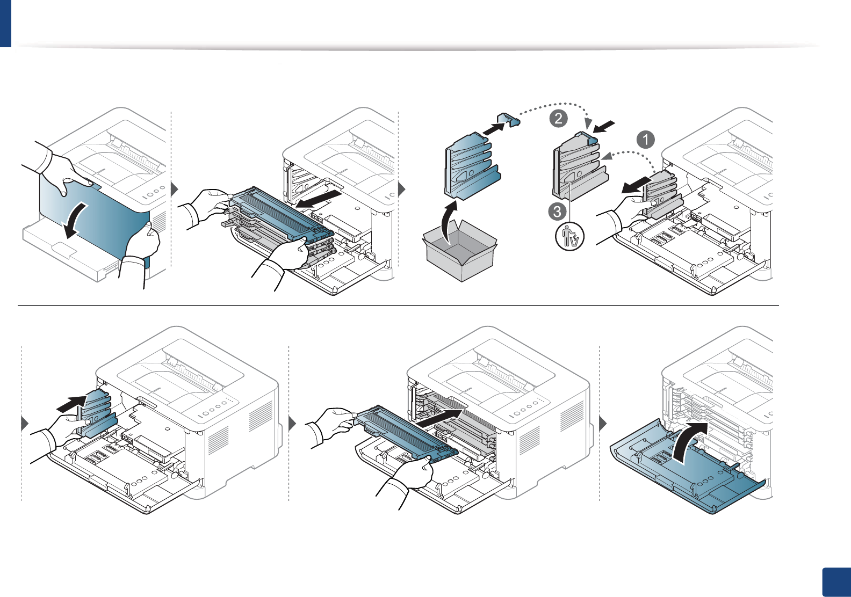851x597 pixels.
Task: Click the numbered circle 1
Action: tap(645, 140)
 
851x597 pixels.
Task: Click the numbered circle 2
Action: tap(559, 118)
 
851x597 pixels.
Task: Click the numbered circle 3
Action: tap(557, 211)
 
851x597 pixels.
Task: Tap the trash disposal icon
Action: tap(569, 237)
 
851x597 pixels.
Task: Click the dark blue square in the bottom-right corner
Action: tap(836, 583)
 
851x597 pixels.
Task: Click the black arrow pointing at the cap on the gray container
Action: tap(603, 127)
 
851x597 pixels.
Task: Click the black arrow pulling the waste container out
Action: tap(636, 186)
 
